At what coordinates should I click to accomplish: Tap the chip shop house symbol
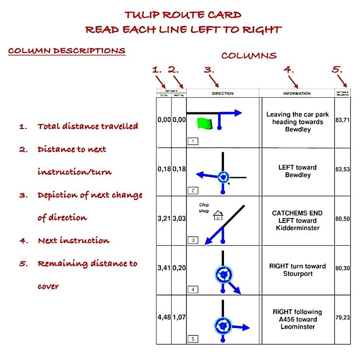(x=218, y=215)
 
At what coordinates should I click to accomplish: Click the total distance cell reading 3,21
(x=164, y=219)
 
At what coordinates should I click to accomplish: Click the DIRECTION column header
(x=223, y=93)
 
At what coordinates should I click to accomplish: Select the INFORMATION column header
(x=297, y=93)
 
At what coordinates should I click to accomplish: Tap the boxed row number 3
(x=193, y=240)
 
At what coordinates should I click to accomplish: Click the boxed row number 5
(x=193, y=339)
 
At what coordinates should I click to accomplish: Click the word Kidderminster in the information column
(x=297, y=228)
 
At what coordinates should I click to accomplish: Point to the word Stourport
(x=297, y=273)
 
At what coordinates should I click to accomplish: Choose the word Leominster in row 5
(x=297, y=326)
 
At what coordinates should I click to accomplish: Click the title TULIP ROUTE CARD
(x=183, y=15)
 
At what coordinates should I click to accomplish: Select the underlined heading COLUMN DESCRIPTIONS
(x=67, y=51)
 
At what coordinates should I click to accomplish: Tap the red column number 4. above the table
(x=289, y=70)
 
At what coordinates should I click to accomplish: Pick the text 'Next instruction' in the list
(x=73, y=240)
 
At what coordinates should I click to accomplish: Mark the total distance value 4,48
(x=164, y=317)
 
